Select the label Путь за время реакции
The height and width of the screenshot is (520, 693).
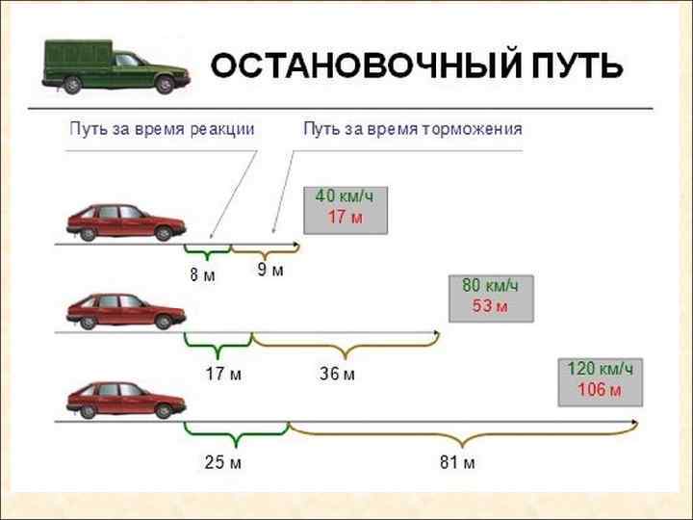(162, 129)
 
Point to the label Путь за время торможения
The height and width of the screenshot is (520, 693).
(413, 129)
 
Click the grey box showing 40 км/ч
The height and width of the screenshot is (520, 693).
(345, 208)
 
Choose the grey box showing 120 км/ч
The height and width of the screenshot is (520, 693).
(601, 380)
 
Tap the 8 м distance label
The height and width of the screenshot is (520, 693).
(202, 275)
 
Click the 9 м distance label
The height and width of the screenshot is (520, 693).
(270, 271)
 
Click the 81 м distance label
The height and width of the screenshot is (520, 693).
(457, 463)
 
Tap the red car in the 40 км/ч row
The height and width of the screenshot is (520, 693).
(125, 222)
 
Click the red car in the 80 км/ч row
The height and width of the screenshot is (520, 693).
(125, 310)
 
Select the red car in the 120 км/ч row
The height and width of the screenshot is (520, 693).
(125, 399)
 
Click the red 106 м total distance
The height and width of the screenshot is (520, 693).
(600, 390)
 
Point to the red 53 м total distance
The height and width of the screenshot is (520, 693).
(489, 306)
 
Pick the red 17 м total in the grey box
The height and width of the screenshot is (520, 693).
(344, 218)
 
